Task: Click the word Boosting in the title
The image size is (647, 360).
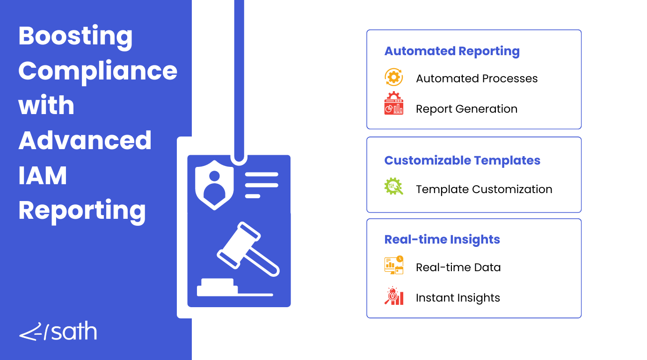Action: pyautogui.click(x=75, y=37)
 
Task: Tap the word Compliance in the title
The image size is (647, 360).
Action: pyautogui.click(x=98, y=72)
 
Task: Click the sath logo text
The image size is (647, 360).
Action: pyautogui.click(x=73, y=331)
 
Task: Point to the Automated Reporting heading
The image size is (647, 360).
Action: pyautogui.click(x=452, y=51)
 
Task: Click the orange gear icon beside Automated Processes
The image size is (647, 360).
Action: pyautogui.click(x=394, y=77)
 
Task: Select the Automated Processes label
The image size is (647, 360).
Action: pyautogui.click(x=477, y=79)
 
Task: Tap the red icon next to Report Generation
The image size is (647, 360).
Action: pyautogui.click(x=394, y=103)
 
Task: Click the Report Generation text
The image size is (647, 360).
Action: pyautogui.click(x=467, y=109)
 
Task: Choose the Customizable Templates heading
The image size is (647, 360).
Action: pyautogui.click(x=462, y=160)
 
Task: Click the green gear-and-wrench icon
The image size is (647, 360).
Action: pyautogui.click(x=394, y=186)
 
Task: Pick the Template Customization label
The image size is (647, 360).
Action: pyautogui.click(x=484, y=189)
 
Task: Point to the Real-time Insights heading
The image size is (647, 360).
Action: pyautogui.click(x=442, y=240)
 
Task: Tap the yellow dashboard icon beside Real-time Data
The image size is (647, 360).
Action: pyautogui.click(x=394, y=265)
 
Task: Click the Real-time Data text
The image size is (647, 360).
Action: pyautogui.click(x=458, y=267)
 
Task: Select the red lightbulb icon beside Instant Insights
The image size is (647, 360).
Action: pyautogui.click(x=394, y=295)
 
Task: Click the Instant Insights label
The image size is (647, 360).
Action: pyautogui.click(x=458, y=298)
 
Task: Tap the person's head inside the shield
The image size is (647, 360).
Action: pyautogui.click(x=214, y=176)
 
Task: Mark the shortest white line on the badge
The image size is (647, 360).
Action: pyautogui.click(x=253, y=196)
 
